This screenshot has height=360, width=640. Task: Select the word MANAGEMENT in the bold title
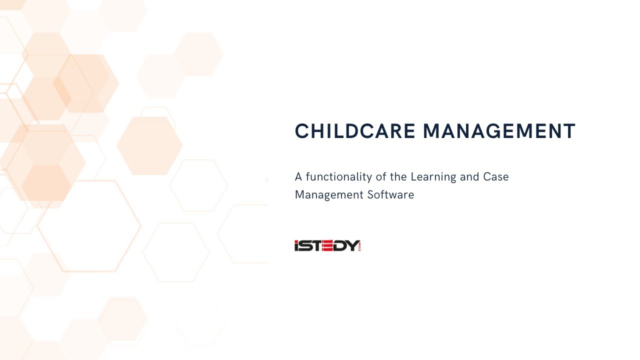[x=499, y=131]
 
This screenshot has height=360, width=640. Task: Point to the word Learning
[x=433, y=177]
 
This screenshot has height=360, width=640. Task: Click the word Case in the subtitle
[x=496, y=177]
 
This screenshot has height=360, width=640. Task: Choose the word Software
[x=390, y=195]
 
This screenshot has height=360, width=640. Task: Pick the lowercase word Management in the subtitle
[x=329, y=195]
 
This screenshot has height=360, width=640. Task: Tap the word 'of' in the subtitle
[x=380, y=177]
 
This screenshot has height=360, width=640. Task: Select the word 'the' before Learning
[x=398, y=177]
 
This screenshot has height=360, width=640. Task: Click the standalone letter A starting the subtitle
[x=298, y=177]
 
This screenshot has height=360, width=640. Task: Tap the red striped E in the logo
[x=329, y=245]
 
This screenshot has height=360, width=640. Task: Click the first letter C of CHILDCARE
[x=302, y=131]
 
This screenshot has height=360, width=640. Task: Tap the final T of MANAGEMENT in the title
[x=570, y=131]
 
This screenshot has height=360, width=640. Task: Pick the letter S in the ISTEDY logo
[x=306, y=245]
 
